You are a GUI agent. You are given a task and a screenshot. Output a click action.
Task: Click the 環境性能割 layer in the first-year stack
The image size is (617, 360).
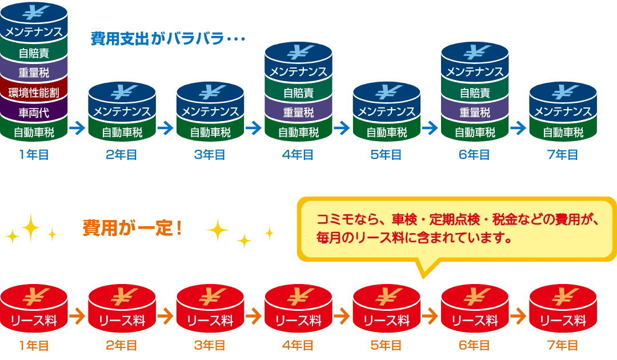[x=34, y=93]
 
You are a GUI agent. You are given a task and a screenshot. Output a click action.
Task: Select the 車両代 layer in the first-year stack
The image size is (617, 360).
[x=34, y=113]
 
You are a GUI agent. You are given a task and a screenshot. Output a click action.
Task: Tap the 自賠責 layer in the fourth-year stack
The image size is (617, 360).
[x=298, y=93]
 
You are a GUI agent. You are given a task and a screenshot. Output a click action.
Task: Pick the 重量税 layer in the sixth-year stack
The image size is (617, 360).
[x=474, y=113]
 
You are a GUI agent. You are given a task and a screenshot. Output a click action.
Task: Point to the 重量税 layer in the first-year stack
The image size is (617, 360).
[x=34, y=73]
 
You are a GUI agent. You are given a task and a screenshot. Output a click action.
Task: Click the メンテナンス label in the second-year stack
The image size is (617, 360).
[x=122, y=111]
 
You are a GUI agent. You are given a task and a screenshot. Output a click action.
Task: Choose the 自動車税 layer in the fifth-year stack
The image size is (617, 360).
[x=386, y=133]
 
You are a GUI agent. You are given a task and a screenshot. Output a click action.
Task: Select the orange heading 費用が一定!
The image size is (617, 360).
[x=133, y=227]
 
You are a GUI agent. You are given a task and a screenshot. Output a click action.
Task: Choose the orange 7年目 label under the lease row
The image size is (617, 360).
[x=563, y=345]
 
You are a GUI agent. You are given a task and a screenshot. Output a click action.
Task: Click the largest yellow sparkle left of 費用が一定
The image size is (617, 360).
[x=30, y=227]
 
